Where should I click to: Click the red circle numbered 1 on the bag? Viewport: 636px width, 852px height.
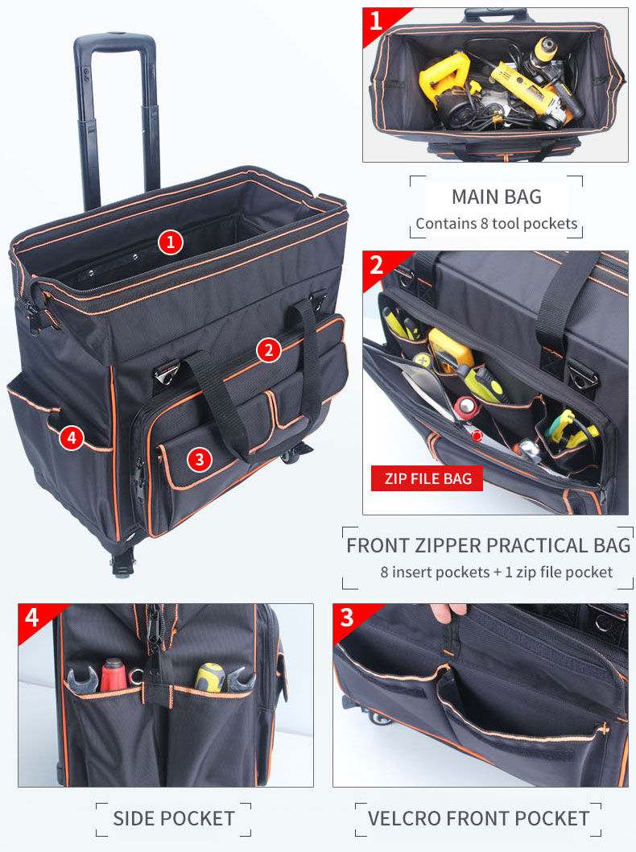(170, 242)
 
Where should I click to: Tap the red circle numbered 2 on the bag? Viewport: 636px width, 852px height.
(269, 349)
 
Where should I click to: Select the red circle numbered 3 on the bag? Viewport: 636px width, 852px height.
(200, 459)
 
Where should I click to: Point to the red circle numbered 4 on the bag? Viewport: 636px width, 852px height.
(71, 438)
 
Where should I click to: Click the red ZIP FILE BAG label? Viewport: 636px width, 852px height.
(427, 478)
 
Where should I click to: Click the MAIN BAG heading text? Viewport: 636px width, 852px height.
(496, 196)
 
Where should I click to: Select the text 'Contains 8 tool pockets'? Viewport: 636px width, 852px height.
(496, 224)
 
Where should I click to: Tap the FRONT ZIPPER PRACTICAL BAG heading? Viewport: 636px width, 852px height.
(488, 545)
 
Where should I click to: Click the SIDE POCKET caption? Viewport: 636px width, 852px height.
(174, 819)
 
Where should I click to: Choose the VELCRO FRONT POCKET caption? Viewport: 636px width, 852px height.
(478, 819)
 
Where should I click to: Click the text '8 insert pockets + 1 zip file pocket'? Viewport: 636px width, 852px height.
(496, 573)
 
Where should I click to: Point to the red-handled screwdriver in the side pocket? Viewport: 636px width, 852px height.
(113, 674)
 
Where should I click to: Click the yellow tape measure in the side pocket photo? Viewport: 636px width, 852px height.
(211, 676)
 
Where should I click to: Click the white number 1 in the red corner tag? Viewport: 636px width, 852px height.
(377, 21)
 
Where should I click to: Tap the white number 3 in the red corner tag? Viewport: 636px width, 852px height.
(347, 618)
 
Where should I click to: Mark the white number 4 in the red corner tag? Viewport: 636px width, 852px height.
(32, 618)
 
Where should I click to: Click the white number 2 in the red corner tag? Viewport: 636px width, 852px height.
(377, 264)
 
